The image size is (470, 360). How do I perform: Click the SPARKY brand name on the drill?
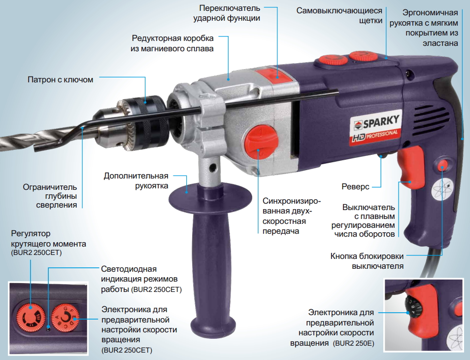coord(381,121)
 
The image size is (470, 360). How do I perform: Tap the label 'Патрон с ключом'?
coord(60,79)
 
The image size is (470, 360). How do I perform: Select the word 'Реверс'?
coord(355,186)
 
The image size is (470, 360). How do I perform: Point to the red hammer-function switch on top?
coord(273,75)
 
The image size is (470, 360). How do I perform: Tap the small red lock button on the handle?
coord(443,165)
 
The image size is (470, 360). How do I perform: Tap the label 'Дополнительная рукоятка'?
coord(136,180)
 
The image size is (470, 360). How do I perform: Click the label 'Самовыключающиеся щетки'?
coord(339,16)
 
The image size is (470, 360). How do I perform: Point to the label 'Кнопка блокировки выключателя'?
coord(367,261)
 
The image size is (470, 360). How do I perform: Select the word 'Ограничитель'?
coord(50,187)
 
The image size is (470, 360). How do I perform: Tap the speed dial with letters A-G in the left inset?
coord(65,318)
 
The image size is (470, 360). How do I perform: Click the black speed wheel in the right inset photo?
coord(413,308)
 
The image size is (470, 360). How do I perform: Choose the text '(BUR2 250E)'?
coord(353,343)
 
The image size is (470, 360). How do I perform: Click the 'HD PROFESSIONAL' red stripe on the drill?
coord(375,137)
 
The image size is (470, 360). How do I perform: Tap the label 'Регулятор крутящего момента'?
coord(49,239)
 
